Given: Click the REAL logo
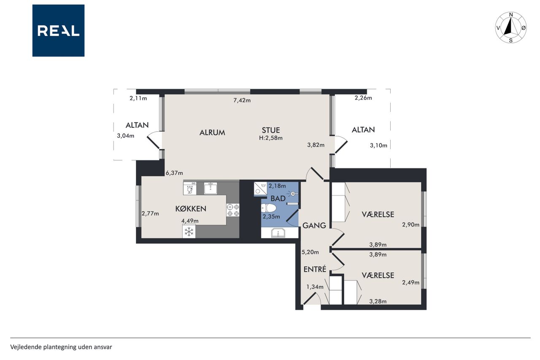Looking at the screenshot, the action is (x=58, y=31).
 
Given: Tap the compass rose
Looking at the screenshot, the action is (x=510, y=27).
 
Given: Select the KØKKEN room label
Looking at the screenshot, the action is (x=191, y=209).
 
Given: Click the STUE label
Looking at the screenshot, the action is (x=271, y=130).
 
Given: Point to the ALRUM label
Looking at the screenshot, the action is (x=212, y=133).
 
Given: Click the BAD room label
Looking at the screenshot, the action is (x=278, y=199).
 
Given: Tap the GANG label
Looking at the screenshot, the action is (x=314, y=225).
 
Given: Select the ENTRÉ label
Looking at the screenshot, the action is (x=315, y=269).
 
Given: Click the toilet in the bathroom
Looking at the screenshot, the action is (x=268, y=208).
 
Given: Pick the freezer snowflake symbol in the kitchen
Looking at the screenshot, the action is (x=189, y=232).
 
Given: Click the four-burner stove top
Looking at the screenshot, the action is (x=233, y=210).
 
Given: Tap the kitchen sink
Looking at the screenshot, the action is (x=211, y=188).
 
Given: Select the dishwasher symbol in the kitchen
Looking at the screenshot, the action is (x=190, y=188).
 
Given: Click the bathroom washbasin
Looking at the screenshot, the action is (x=278, y=233).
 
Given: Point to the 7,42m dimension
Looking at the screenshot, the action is (x=242, y=100).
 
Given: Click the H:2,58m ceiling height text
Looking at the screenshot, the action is (x=271, y=138).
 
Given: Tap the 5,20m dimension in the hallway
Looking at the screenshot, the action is (x=310, y=252).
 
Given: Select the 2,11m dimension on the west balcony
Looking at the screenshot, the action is (x=138, y=98).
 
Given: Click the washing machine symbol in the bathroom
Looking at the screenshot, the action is (x=260, y=189).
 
